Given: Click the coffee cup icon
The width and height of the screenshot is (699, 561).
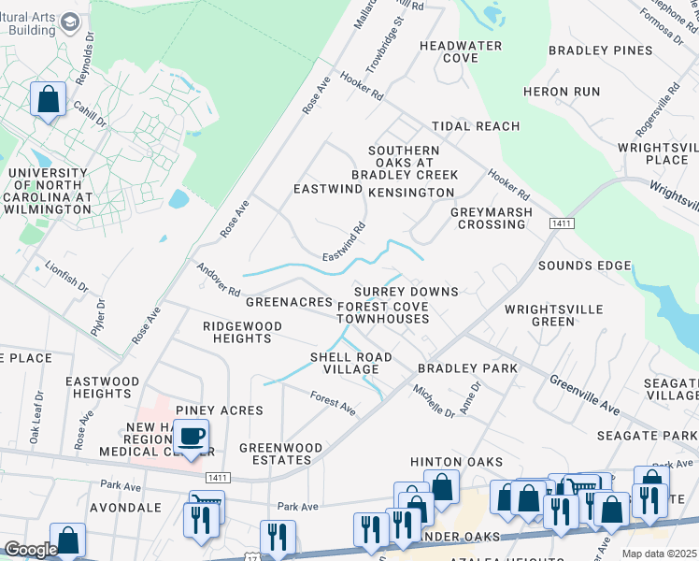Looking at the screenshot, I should pyautogui.click(x=192, y=437).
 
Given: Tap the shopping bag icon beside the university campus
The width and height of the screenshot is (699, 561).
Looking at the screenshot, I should pyautogui.click(x=48, y=99).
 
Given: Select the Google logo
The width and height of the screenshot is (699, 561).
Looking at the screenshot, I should pyautogui.click(x=30, y=550).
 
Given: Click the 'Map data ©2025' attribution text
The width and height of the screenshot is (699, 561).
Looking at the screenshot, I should pyautogui.click(x=660, y=554).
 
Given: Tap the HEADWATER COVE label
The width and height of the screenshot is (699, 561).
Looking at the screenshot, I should pyautogui.click(x=461, y=51).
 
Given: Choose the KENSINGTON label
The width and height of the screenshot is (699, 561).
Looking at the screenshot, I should pyautogui.click(x=410, y=193).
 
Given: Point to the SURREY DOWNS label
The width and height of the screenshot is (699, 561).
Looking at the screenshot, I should pyautogui.click(x=406, y=292).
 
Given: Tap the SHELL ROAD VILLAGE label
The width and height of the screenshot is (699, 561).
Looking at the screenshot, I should pyautogui.click(x=351, y=363).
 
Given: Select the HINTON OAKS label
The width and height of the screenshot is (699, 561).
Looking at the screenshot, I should pyautogui.click(x=456, y=462).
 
